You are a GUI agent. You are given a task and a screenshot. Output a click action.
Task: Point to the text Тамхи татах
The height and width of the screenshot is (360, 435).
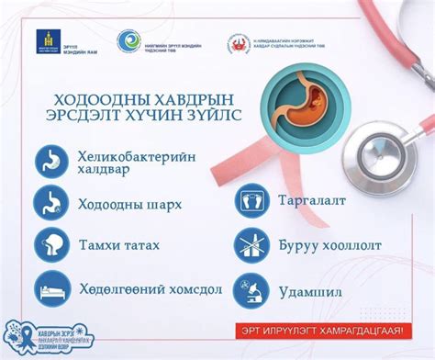114,245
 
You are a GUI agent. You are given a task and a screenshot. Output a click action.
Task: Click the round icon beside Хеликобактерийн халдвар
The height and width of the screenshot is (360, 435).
52,162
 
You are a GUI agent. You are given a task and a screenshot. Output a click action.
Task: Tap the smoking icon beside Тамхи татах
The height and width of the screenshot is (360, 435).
52,245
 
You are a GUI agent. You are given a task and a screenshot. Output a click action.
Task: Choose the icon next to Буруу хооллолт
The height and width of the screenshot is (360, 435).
251,245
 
